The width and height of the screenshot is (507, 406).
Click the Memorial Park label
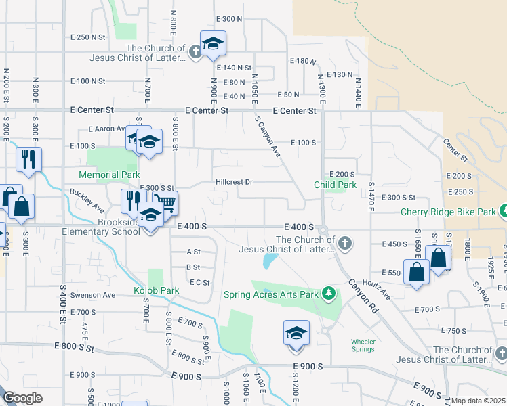[109, 175]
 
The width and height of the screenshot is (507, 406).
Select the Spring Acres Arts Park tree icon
[329, 292]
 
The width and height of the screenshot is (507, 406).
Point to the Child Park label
[335, 185]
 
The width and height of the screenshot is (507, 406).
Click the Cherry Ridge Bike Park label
[447, 212]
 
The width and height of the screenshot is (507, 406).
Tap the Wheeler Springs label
[363, 345]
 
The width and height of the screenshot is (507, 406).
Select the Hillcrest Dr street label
[234, 182]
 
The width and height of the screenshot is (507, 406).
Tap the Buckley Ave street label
[87, 200]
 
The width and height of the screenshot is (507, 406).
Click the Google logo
[22, 398]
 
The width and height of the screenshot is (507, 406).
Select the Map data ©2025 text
[478, 401]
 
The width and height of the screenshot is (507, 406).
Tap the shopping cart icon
[165, 202]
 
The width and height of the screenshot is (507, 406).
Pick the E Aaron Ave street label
[107, 129]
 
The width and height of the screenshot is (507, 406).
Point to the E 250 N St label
[88, 37]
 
